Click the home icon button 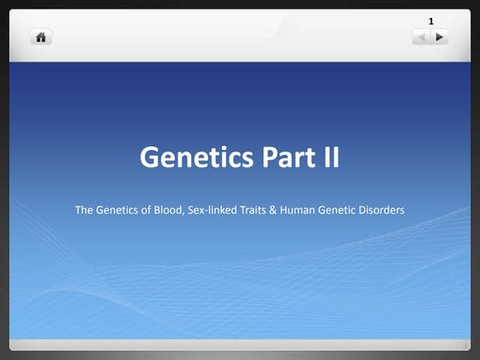[x=40, y=37]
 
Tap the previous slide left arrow [x=421, y=37]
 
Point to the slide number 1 [x=431, y=20]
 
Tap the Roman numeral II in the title [x=329, y=158]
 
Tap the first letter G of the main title [x=150, y=158]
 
